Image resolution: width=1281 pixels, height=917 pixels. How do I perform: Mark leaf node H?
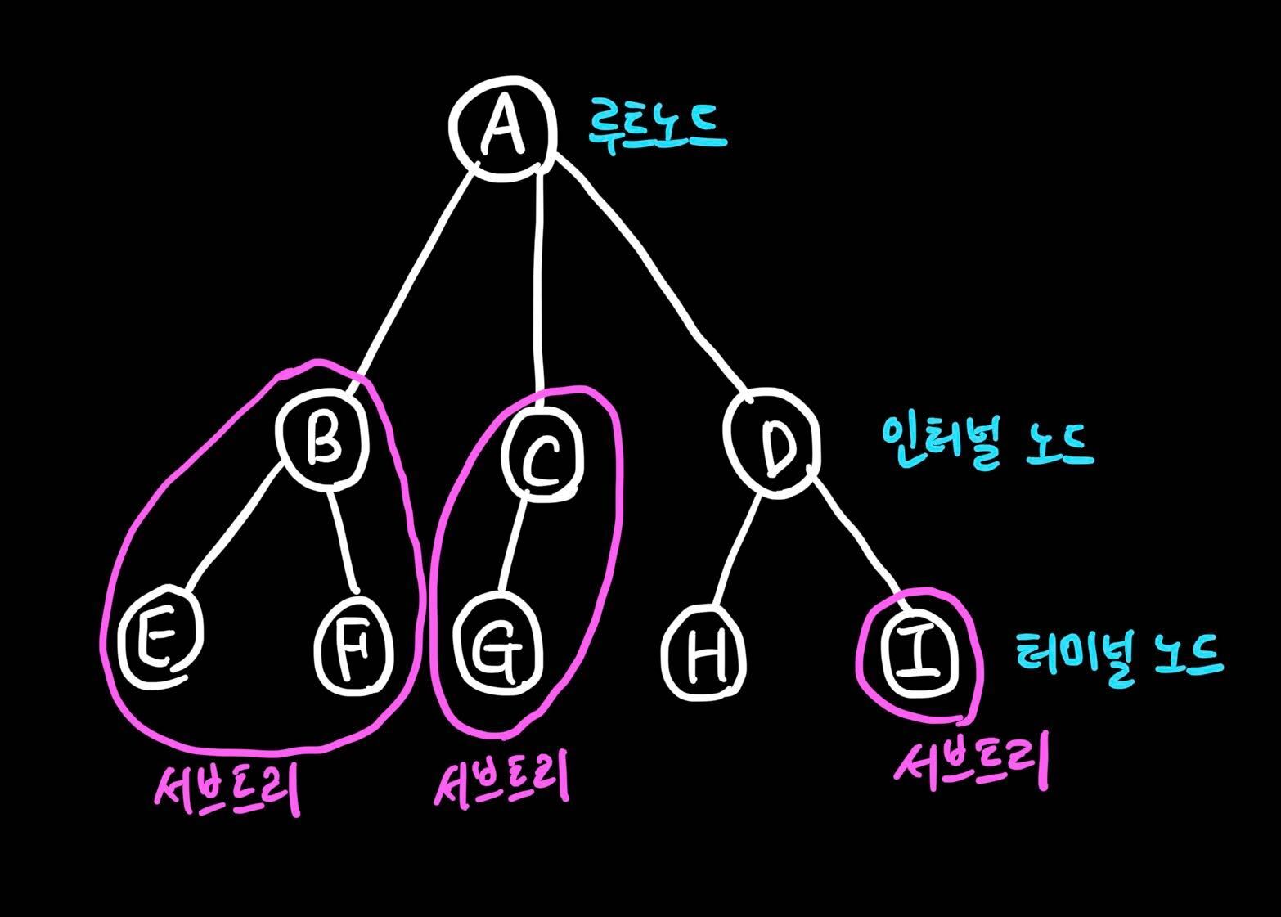[703, 654]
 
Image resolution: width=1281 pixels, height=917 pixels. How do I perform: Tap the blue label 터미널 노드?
[1118, 654]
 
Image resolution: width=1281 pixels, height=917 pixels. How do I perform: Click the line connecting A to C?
[540, 286]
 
